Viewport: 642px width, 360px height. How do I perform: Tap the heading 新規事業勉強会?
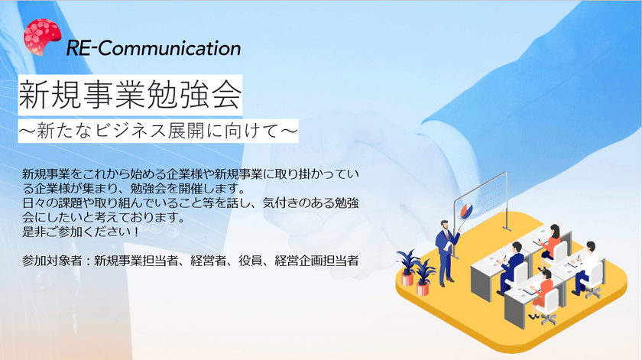(x=131, y=95)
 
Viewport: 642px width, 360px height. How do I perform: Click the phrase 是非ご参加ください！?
(x=82, y=232)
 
